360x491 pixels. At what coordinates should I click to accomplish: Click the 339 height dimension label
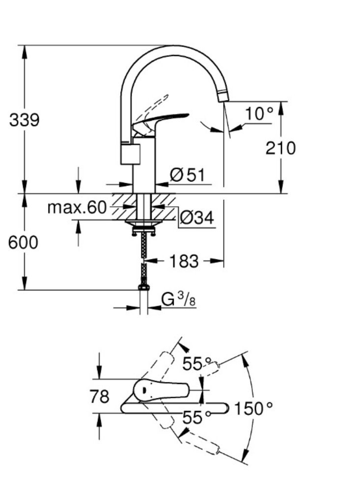[x=25, y=120]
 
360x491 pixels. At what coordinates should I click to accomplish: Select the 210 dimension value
[x=280, y=148]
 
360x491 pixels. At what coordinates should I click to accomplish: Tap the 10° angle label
[x=259, y=113]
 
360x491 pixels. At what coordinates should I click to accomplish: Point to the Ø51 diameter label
[x=187, y=175]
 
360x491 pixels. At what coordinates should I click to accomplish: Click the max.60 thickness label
[x=77, y=207]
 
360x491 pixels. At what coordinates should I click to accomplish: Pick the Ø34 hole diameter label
[x=197, y=218]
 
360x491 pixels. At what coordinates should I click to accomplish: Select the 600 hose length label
[x=23, y=243]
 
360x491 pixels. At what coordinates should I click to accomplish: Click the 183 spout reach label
[x=184, y=261]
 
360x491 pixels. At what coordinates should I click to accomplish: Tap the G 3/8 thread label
[x=178, y=300]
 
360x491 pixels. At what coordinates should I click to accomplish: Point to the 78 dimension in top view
[x=100, y=396]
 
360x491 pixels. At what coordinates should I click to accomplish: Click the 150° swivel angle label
[x=253, y=409]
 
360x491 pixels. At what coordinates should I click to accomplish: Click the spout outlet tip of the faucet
[x=223, y=97]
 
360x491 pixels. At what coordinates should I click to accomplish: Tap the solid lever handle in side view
[x=161, y=121]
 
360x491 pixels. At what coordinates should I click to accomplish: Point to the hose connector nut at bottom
[x=144, y=287]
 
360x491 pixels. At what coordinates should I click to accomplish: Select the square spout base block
[x=131, y=154]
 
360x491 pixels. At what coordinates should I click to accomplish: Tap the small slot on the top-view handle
[x=144, y=390]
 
